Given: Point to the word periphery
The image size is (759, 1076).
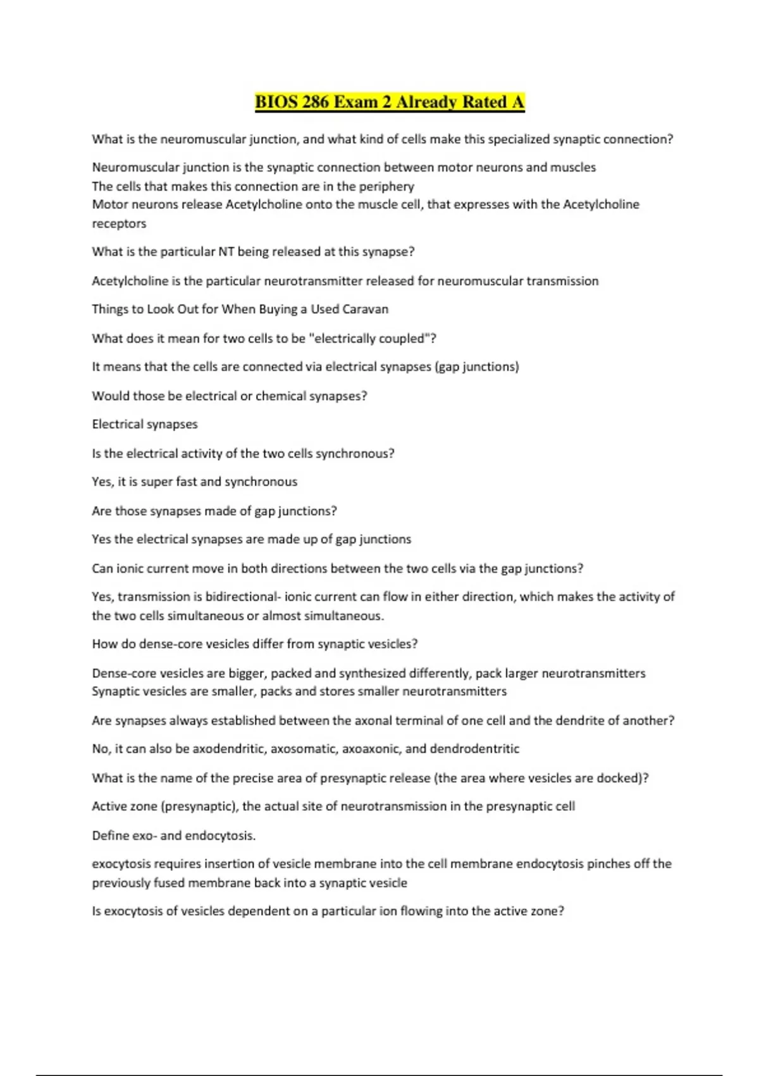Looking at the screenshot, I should click(x=386, y=186).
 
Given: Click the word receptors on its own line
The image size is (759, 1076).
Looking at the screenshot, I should click(x=119, y=223).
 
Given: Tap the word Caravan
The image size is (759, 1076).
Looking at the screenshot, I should click(x=365, y=309).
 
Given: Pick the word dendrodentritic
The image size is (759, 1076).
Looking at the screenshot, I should click(x=474, y=749).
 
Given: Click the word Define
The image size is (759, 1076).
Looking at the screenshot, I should click(x=109, y=835).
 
